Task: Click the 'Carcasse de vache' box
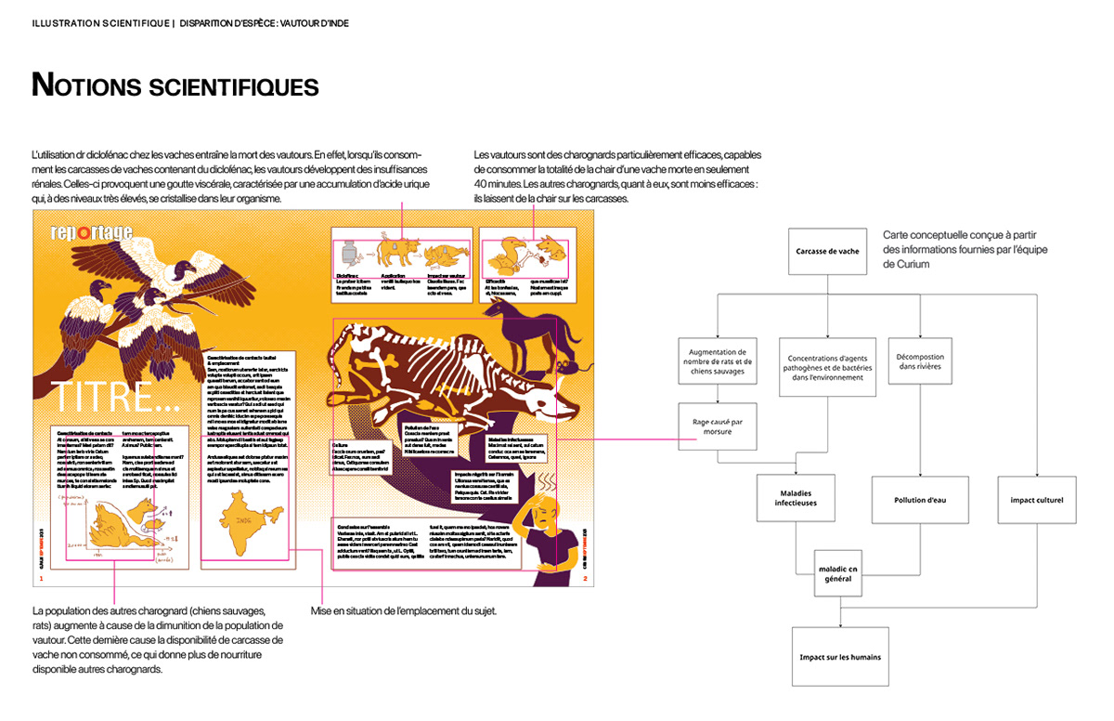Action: tap(827, 251)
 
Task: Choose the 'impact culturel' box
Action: tap(1036, 500)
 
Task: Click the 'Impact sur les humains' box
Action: tap(840, 657)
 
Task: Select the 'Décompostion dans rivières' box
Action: tap(920, 361)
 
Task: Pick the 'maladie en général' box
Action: tap(840, 572)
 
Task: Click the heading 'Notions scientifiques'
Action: tap(175, 86)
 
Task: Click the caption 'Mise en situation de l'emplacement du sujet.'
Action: tap(404, 610)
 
